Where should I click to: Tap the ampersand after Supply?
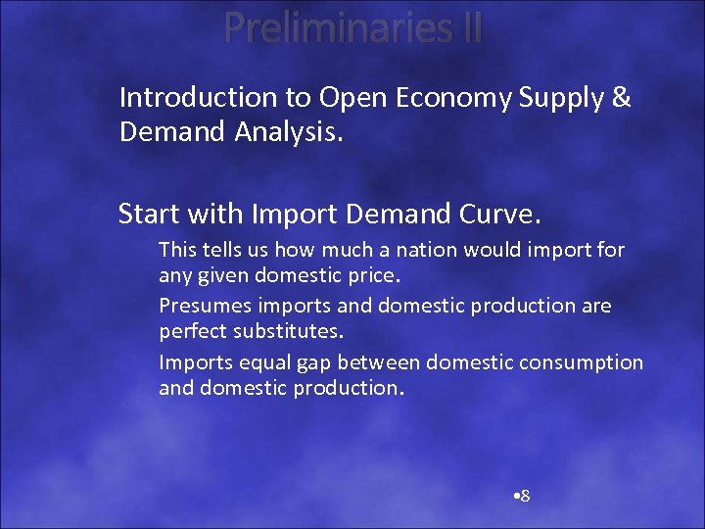point(620,98)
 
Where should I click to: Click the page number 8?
point(524,496)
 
